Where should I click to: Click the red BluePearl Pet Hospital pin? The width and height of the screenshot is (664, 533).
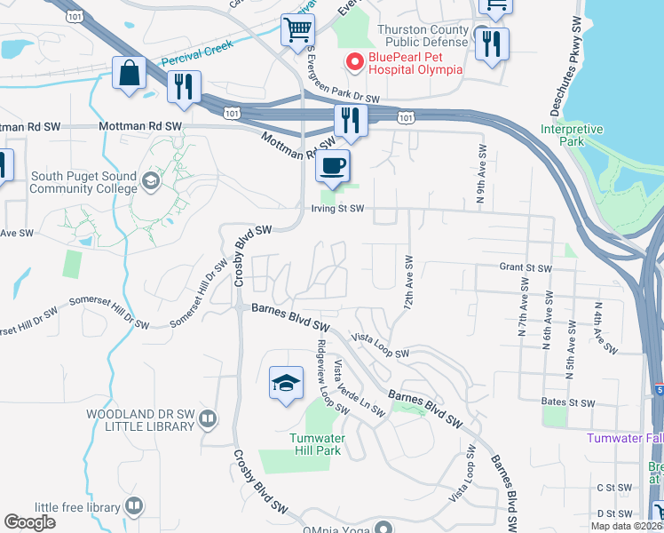[x=354, y=62]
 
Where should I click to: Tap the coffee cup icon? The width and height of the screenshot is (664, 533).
[x=333, y=165]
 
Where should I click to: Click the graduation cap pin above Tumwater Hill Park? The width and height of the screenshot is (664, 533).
[x=286, y=383]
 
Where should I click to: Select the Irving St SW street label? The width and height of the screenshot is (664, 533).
[x=337, y=210]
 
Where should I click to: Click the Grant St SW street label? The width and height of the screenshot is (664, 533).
[x=526, y=267]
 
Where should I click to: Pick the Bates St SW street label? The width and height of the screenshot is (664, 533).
[x=566, y=402]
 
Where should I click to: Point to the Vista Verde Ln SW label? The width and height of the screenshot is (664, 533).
[x=358, y=388]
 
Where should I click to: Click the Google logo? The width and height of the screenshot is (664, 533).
[x=31, y=521]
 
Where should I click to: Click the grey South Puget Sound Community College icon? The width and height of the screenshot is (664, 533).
[x=151, y=183]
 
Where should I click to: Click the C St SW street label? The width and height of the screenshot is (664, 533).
[x=613, y=488]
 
